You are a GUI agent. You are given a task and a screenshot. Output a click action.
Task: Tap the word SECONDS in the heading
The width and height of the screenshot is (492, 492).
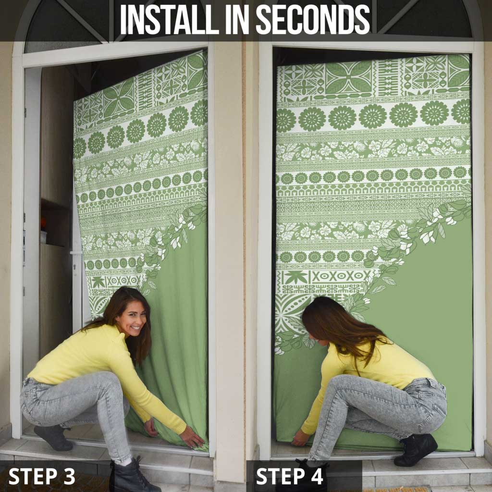point(313,19)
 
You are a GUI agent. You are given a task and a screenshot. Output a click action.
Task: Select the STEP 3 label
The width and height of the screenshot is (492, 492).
point(42,476)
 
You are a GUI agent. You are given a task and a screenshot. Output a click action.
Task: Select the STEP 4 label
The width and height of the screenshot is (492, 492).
point(289,476)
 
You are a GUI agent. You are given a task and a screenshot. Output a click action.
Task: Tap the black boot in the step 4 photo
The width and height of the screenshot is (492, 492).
point(416,449)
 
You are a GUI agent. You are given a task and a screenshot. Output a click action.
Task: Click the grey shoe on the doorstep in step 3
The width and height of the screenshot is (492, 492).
point(53,437)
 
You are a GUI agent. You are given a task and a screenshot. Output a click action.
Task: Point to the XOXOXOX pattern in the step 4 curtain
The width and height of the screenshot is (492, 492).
point(341,276)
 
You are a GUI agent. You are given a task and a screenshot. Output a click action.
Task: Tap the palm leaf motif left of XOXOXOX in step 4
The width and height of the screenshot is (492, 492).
point(295,277)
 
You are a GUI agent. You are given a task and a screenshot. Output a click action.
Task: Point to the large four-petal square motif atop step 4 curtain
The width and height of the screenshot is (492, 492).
point(347,78)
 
